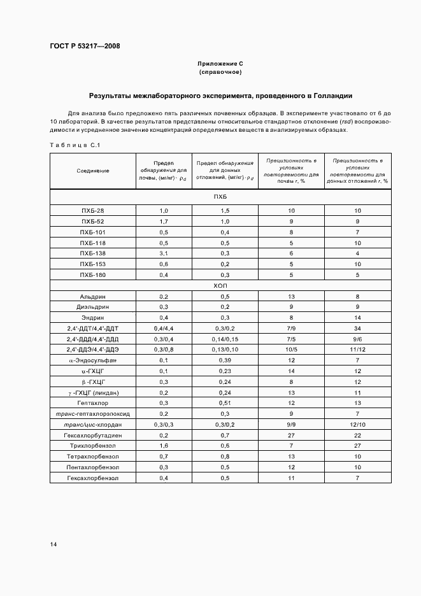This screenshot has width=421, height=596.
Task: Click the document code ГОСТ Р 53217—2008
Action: [x=85, y=46]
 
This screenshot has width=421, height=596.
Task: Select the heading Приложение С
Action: [x=220, y=64]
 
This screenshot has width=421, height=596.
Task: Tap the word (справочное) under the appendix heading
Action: [x=220, y=73]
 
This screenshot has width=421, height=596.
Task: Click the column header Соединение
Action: [x=93, y=171]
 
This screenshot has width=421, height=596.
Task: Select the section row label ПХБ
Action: [x=220, y=197]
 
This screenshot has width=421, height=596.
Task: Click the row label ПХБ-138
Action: [x=93, y=253]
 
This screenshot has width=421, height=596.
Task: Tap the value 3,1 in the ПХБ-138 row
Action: [x=164, y=253]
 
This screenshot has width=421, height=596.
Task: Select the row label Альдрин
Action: [x=93, y=297]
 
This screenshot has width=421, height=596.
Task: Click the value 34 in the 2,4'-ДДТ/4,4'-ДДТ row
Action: [x=358, y=328]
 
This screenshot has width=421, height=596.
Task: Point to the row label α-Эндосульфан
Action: [x=93, y=360]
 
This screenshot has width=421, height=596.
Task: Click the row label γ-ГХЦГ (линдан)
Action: [x=93, y=393]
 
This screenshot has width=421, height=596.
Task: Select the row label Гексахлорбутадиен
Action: [x=93, y=435]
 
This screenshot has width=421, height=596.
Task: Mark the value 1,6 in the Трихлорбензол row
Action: [x=164, y=446]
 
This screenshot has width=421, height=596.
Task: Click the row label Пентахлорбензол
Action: [x=93, y=467]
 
